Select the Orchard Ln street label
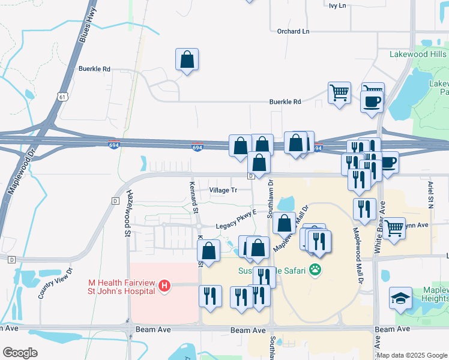pos(293,31)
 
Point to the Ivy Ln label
pos(337,5)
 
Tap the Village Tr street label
pos(223,190)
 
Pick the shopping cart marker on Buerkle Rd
pos(339,93)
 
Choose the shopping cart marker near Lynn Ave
pos(394,228)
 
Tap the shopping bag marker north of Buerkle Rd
pos(187,59)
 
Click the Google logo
pos(20,353)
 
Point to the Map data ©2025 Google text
pos(412,355)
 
